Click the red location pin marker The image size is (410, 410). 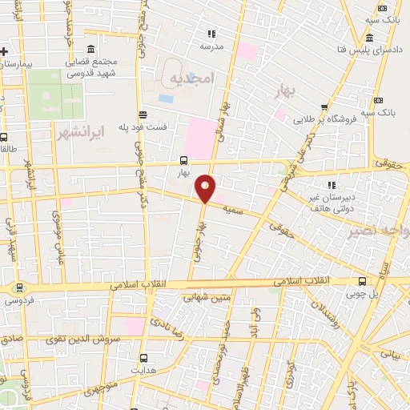tap(206, 188)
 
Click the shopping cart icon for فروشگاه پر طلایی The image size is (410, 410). tap(324, 107)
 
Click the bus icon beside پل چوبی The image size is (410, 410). tap(362, 281)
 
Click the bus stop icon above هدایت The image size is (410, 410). tap(144, 358)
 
